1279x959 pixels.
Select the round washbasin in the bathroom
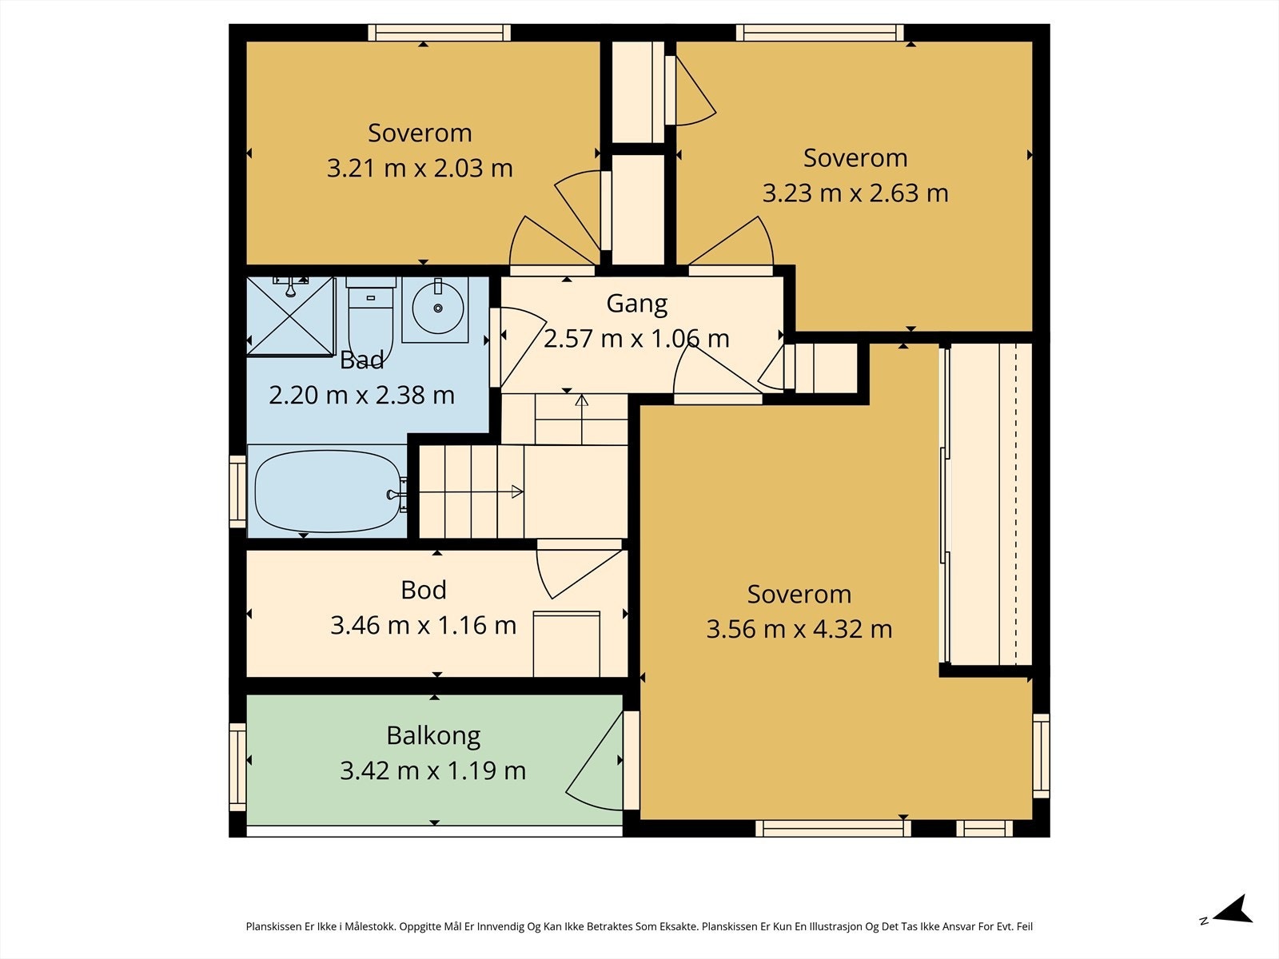(437, 308)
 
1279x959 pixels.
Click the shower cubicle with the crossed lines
(290, 316)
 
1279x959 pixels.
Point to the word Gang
(637, 304)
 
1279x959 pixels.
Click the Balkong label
(433, 737)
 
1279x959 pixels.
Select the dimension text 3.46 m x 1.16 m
(424, 626)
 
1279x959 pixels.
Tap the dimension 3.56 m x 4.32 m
(799, 630)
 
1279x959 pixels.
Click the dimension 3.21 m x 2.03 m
(420, 169)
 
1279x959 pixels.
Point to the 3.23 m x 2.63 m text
(855, 193)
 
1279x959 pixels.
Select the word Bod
(424, 591)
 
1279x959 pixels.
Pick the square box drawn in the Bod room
(567, 644)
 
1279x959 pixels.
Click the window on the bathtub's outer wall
(237, 491)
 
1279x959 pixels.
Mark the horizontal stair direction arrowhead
(517, 492)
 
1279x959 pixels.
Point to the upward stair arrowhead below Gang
(581, 400)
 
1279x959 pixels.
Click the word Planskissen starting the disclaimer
(273, 926)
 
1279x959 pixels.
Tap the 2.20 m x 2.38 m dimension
(361, 396)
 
